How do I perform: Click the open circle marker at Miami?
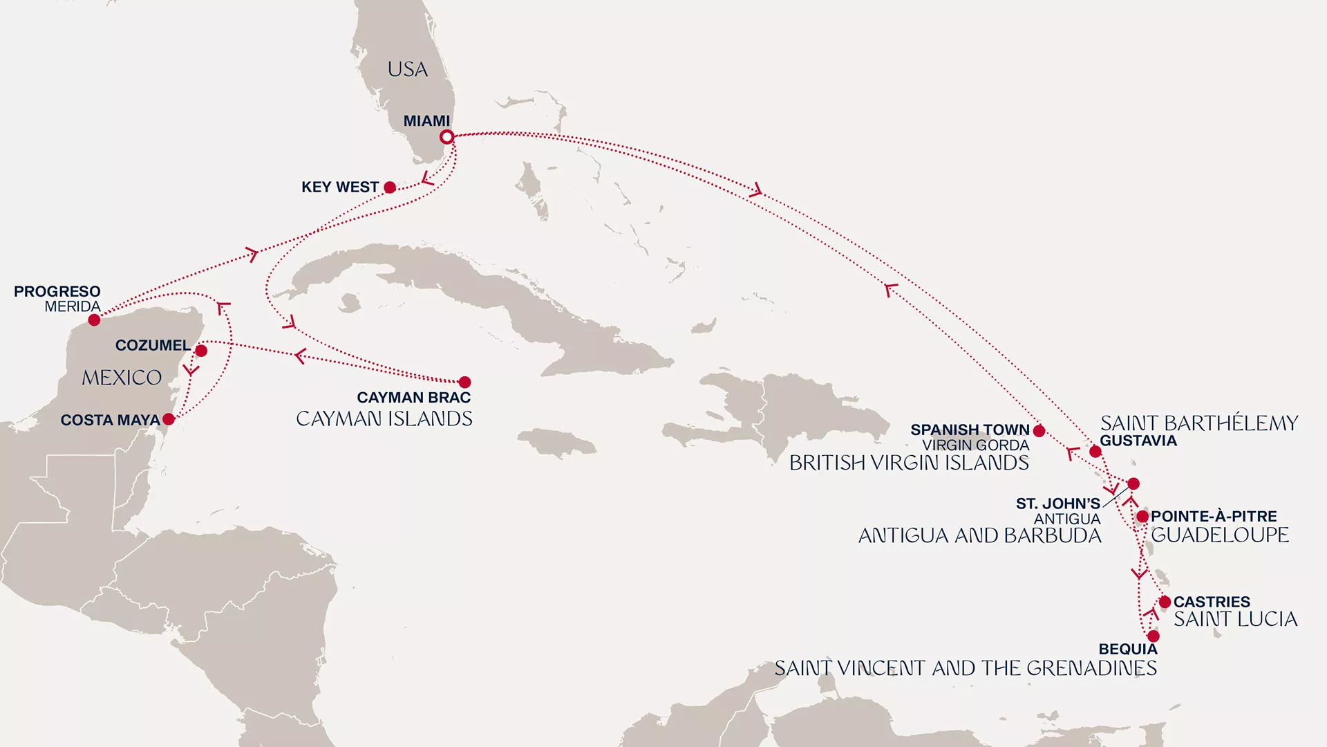(x=447, y=137)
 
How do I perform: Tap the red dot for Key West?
(x=390, y=187)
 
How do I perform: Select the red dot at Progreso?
(x=94, y=320)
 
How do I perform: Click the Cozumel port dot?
(x=201, y=351)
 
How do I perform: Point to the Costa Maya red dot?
(x=169, y=419)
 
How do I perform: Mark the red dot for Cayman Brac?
(x=464, y=382)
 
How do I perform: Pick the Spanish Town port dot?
(x=1039, y=431)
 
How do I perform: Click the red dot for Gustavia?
(x=1095, y=452)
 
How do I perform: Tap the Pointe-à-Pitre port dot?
(x=1142, y=517)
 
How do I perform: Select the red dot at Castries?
(x=1165, y=602)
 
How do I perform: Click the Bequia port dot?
(x=1153, y=636)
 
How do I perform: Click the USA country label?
(x=407, y=69)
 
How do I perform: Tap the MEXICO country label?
(x=122, y=378)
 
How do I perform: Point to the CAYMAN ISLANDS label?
(x=384, y=418)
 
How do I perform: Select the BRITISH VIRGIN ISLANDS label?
(x=909, y=463)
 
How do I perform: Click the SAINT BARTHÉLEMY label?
(x=1199, y=423)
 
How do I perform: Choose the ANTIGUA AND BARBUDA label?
(x=979, y=535)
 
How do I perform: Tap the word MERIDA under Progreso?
(x=73, y=306)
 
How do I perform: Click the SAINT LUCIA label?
(x=1235, y=619)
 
